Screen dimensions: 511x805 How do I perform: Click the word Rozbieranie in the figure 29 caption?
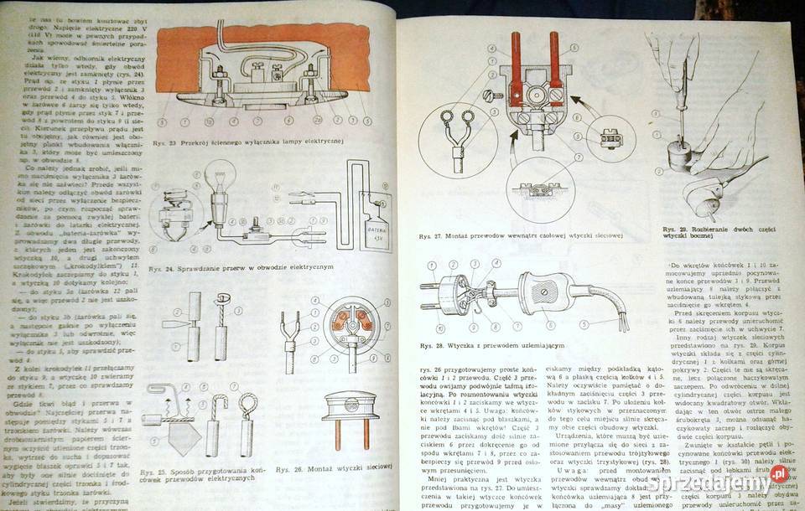click(x=708, y=229)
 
